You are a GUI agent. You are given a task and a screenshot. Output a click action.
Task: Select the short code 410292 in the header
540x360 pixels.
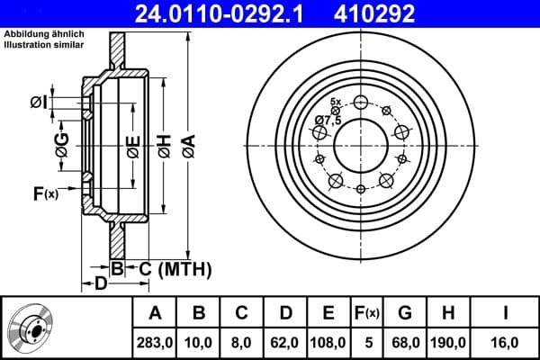[x=401, y=13]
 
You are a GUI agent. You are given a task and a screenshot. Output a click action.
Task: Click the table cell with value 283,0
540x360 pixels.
[x=156, y=342]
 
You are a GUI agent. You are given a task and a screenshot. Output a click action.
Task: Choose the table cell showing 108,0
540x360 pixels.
[x=328, y=342]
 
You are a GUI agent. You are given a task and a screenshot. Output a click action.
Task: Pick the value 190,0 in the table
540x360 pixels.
[x=447, y=342]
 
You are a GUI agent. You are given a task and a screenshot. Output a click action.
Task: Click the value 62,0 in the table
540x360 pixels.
[x=285, y=342]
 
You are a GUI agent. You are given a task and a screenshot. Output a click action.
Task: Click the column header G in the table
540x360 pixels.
[x=405, y=313]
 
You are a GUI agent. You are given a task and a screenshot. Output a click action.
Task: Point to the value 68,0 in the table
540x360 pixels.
[x=405, y=342]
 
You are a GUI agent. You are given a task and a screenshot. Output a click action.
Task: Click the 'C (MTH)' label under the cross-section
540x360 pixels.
[x=175, y=268]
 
